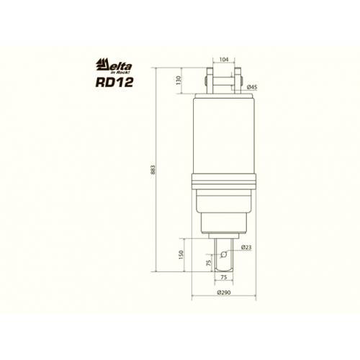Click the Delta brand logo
(114, 65)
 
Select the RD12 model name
(114, 82)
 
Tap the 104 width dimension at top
(224, 59)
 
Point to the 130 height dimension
(178, 81)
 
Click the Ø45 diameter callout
(252, 87)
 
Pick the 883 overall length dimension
(153, 170)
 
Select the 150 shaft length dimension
(181, 255)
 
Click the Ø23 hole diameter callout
(246, 247)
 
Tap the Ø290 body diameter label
(224, 292)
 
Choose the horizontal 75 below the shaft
(223, 277)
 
